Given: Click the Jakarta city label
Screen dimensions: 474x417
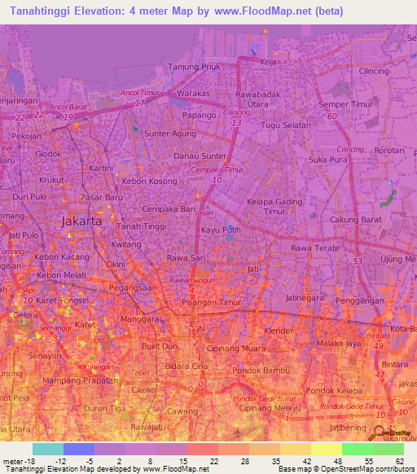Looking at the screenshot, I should click(x=82, y=221).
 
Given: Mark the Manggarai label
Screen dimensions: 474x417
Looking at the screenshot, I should click(x=138, y=320).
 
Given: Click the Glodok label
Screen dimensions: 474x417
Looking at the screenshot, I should click(x=48, y=153).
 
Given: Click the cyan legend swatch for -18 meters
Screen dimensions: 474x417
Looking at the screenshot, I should click(x=47, y=449).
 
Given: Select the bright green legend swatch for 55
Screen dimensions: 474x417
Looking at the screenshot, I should click(x=357, y=449).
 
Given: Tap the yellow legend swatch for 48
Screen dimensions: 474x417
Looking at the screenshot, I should click(x=326, y=449).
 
